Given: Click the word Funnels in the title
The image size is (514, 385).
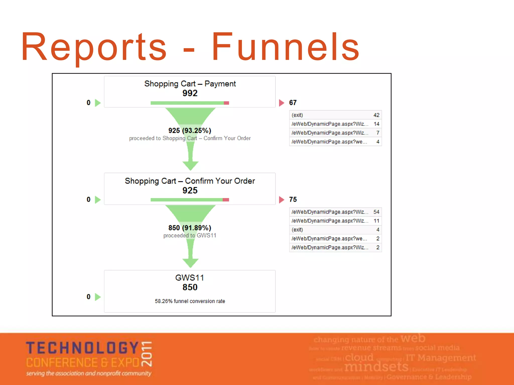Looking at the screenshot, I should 286,47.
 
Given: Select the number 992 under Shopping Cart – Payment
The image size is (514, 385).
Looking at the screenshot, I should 190,93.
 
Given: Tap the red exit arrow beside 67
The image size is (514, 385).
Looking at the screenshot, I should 282,103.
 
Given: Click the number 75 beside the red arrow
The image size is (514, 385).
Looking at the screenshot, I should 293,200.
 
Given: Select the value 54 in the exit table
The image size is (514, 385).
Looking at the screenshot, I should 376,212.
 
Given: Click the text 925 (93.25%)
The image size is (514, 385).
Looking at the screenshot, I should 190,131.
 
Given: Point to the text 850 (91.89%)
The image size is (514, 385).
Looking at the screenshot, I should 190,228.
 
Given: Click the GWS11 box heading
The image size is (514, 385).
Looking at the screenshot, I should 189,278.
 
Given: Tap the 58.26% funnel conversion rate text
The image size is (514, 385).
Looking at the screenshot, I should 190,301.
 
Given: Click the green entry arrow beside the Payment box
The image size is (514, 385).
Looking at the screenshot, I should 98,103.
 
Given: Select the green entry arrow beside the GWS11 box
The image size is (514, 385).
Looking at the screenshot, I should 98,297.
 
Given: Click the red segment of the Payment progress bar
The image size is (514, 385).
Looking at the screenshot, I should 226,103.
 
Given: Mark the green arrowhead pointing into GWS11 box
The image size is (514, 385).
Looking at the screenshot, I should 190,263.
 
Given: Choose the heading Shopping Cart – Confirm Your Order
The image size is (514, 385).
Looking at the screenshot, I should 190,181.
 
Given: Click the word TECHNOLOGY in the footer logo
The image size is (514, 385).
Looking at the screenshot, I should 82,348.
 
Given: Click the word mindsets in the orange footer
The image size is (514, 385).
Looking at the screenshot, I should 376,367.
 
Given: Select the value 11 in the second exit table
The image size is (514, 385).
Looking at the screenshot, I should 376,221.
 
